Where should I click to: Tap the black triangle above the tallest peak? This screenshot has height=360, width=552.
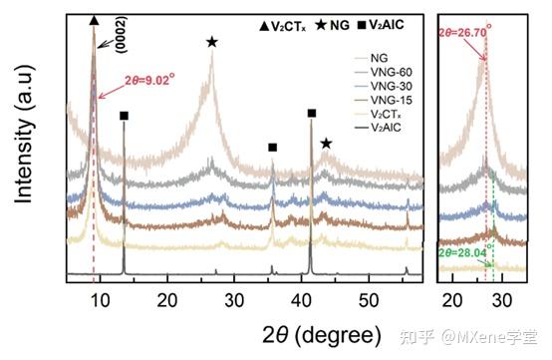(x=94, y=20)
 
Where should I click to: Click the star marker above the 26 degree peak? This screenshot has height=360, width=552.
(x=212, y=42)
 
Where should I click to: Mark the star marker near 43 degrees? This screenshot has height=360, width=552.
(x=326, y=144)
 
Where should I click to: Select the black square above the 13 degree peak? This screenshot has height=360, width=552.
(x=125, y=117)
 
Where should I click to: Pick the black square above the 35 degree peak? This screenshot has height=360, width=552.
(x=272, y=148)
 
